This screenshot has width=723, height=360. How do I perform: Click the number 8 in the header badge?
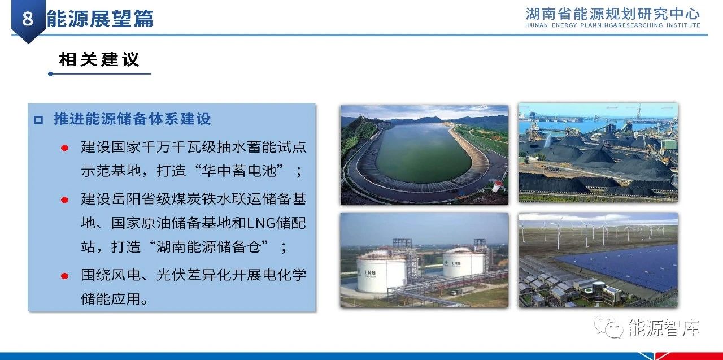[28, 19]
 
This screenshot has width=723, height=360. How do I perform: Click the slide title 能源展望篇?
[100, 19]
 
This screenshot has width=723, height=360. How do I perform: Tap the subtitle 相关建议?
[99, 59]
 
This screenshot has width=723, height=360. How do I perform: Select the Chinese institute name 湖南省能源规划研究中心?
[612, 14]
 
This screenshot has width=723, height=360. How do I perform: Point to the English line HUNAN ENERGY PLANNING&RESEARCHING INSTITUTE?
[612, 25]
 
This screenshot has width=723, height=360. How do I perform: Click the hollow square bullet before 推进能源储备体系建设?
[38, 120]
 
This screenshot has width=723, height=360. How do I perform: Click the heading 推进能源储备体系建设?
[132, 119]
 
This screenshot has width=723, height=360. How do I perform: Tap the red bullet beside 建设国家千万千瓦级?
[64, 148]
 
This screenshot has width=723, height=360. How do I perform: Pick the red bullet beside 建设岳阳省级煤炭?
[64, 200]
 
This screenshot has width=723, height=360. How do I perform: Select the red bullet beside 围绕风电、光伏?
[64, 276]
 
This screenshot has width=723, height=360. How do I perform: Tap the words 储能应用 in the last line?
[111, 298]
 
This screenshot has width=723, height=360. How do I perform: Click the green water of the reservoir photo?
[424, 153]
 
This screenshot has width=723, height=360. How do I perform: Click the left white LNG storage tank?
[382, 272]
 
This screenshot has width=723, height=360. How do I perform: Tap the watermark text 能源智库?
[664, 328]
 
